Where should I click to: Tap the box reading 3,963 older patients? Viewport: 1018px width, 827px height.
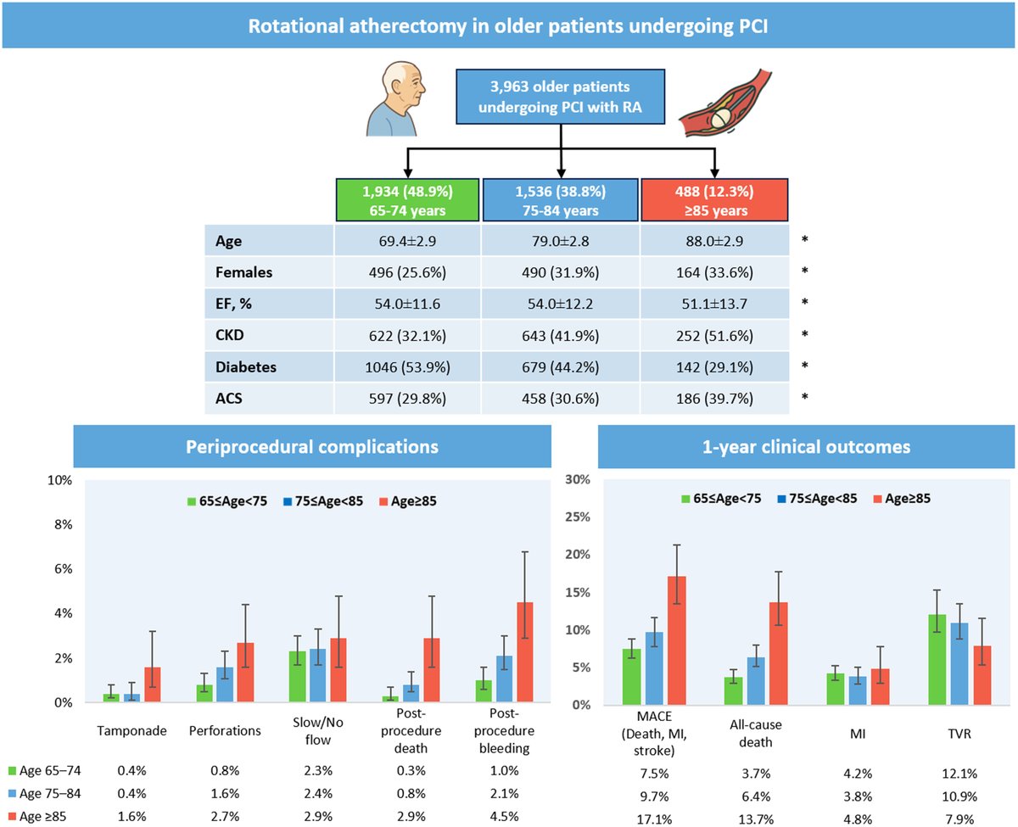[561, 98]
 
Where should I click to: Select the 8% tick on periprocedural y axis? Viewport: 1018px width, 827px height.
[60, 524]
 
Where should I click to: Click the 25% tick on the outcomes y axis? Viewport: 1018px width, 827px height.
[577, 517]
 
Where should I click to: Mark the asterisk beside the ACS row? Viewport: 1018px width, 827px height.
[805, 397]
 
